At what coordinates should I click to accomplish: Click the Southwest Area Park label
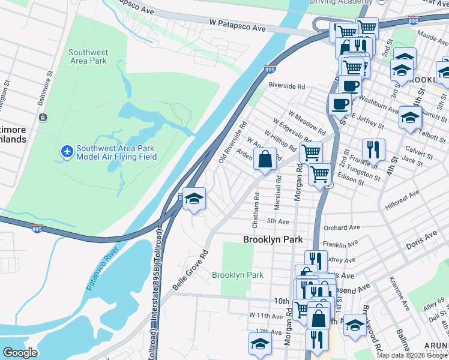click(88, 56)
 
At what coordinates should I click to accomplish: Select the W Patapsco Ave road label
click(237, 28)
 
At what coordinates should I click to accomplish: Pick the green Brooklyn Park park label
click(238, 275)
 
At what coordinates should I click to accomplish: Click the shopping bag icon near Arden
click(264, 160)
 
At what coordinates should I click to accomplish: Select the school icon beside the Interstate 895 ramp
click(194, 199)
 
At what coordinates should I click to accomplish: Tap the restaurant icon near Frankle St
click(373, 149)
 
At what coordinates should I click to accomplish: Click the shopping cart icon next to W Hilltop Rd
click(311, 153)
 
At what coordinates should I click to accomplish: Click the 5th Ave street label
click(279, 221)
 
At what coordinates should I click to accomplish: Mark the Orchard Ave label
click(341, 228)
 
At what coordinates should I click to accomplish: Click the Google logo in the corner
click(20, 353)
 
